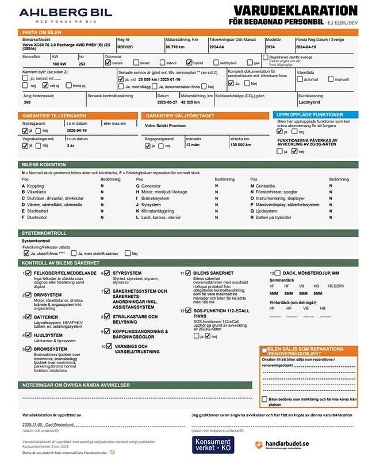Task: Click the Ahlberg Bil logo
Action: coord(56,14)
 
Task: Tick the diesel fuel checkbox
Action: coord(135,63)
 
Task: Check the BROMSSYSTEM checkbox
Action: coord(29,348)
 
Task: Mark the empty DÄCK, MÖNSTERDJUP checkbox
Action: coord(278,273)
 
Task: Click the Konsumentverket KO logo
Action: coord(213,443)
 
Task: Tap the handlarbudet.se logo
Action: coord(282,444)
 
